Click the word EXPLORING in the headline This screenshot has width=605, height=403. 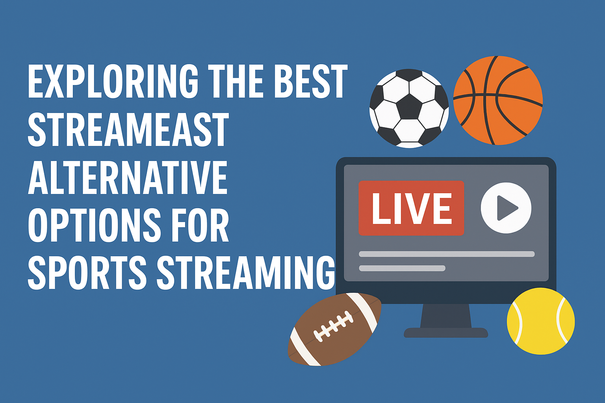coord(113,81)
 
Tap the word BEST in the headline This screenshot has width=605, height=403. coord(311,81)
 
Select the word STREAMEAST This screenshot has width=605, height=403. coord(128,129)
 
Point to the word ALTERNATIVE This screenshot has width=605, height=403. coord(128,177)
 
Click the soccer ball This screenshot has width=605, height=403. coord(409,109)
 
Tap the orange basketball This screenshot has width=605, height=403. coord(498,100)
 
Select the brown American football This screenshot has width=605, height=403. coord(335,329)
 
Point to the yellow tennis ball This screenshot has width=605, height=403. coord(541,321)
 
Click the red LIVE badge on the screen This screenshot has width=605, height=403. coord(411,208)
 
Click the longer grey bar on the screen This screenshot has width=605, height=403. coord(447,254)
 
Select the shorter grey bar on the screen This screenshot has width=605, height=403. coord(402,268)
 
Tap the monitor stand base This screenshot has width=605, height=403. coord(446,333)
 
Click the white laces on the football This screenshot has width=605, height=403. coord(333,326)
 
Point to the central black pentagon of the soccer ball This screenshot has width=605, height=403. coord(410,107)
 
